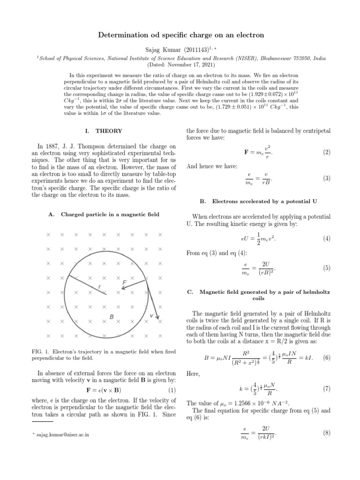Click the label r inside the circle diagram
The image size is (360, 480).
coord(99,287)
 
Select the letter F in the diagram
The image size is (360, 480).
coord(124,283)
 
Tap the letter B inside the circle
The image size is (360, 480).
coord(112,317)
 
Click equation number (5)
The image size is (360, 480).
coord(326,268)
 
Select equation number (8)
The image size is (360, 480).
coord(326,434)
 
